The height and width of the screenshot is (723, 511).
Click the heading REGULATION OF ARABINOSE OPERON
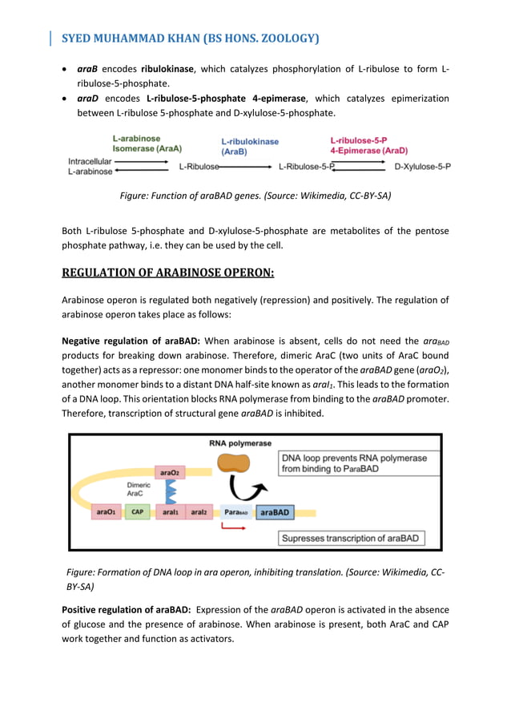[x=167, y=273]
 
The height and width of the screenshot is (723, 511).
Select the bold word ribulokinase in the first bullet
[x=170, y=69]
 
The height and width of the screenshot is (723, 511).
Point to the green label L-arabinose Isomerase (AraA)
[x=147, y=143]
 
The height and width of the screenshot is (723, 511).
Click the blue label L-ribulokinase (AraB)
[x=250, y=146]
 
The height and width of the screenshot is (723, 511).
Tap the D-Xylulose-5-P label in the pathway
[x=422, y=167]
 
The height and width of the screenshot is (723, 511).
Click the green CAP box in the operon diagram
[x=137, y=511]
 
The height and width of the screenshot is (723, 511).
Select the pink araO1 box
[x=105, y=511]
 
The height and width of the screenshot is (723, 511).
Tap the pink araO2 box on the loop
[x=169, y=473]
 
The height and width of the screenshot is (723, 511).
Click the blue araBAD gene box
[x=275, y=511]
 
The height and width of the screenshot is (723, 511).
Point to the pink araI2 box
[x=199, y=511]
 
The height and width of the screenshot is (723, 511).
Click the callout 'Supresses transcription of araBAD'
[x=351, y=539]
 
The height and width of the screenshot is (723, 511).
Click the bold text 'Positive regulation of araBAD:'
[x=126, y=610]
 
